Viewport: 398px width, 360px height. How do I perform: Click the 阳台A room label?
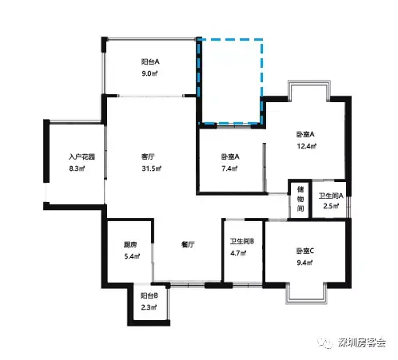pyautogui.click(x=150, y=61)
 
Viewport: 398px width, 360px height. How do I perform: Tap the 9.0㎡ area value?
pyautogui.click(x=149, y=73)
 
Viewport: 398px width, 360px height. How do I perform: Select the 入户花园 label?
pyautogui.click(x=82, y=156)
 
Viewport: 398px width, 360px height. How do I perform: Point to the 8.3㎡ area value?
pyautogui.click(x=77, y=168)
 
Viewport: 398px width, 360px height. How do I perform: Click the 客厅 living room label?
pyautogui.click(x=148, y=156)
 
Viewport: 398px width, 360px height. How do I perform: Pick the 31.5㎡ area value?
pyautogui.click(x=151, y=168)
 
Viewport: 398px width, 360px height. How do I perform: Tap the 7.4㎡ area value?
pyautogui.click(x=229, y=168)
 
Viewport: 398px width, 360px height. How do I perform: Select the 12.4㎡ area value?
pyautogui.click(x=307, y=146)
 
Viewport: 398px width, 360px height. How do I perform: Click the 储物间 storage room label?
pyautogui.click(x=300, y=199)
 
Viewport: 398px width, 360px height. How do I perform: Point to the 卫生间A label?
pyautogui.click(x=331, y=196)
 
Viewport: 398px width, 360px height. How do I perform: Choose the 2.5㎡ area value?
pyautogui.click(x=331, y=206)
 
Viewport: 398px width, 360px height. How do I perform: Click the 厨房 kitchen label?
pyautogui.click(x=130, y=244)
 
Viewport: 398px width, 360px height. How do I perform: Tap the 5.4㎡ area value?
pyautogui.click(x=132, y=256)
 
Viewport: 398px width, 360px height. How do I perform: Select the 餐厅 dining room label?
pyautogui.click(x=188, y=244)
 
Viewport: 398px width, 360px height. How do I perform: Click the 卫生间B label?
pyautogui.click(x=242, y=241)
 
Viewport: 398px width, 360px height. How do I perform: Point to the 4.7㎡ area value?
pyautogui.click(x=238, y=253)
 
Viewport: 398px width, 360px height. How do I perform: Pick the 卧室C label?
pyautogui.click(x=305, y=251)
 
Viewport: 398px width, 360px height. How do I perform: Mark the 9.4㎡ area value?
pyautogui.click(x=305, y=263)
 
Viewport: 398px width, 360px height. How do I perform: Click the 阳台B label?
pyautogui.click(x=149, y=295)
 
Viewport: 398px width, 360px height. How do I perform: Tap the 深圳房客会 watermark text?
pyautogui.click(x=362, y=342)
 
